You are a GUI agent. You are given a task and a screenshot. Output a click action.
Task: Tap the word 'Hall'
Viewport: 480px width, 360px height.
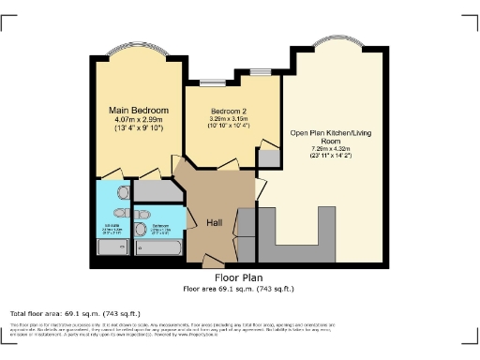215,222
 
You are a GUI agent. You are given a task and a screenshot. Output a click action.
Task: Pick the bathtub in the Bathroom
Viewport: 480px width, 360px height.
159,248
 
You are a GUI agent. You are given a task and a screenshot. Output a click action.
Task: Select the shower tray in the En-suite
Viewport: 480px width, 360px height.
112,248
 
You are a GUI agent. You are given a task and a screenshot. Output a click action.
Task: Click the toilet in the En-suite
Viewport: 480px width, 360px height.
124,192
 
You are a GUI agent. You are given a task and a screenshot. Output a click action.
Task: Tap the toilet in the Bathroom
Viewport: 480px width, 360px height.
141,228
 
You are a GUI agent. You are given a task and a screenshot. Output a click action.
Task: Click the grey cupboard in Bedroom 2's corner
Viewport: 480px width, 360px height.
269,157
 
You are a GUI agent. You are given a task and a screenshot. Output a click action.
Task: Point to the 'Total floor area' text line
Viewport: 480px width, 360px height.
76,313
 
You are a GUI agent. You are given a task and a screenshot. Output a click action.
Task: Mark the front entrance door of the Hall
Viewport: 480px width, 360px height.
214,259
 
